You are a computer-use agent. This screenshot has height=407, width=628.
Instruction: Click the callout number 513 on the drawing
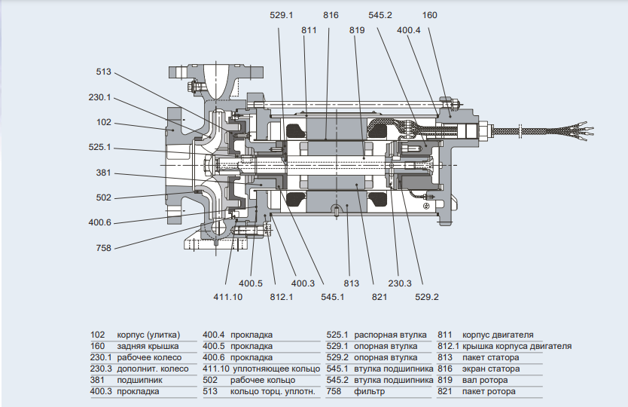pyautogui.click(x=103, y=72)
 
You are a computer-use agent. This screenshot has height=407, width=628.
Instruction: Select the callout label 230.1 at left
pyautogui.click(x=99, y=97)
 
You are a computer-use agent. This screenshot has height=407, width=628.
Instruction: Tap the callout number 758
pyautogui.click(x=103, y=247)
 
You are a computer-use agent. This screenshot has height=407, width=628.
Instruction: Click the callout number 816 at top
pyautogui.click(x=331, y=14)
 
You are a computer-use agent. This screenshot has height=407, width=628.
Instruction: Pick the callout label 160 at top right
pyautogui.click(x=429, y=14)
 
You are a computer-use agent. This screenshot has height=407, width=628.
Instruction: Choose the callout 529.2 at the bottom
pyautogui.click(x=426, y=297)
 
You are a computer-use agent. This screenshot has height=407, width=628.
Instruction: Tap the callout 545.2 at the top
pyautogui.click(x=381, y=14)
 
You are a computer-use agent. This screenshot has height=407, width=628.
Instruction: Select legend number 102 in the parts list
pyautogui.click(x=97, y=335)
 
